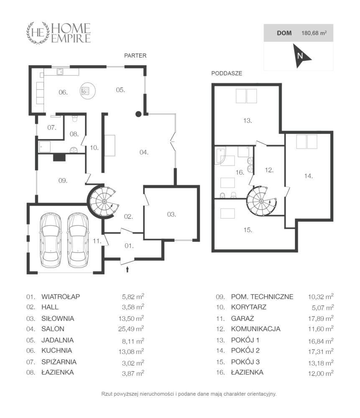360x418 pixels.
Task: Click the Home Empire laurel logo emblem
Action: (38, 33)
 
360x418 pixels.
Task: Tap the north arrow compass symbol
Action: (301, 56)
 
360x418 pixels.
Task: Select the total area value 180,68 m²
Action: (314, 33)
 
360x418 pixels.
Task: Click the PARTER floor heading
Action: (135, 56)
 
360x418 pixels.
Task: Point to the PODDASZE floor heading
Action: (227, 73)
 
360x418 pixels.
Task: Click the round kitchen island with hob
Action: (88, 91)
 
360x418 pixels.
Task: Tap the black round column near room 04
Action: (138, 114)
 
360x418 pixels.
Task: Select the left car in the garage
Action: (51, 240)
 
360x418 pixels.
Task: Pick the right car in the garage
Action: (78, 240)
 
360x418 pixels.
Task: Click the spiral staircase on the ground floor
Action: (103, 201)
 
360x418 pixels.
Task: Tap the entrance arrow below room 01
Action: (128, 269)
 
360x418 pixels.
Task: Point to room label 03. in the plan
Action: (171, 214)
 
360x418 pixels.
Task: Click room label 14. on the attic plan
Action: (309, 176)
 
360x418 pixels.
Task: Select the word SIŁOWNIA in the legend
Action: (58, 318)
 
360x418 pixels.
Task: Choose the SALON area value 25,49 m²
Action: (131, 329)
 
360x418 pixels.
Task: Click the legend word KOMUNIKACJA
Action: (256, 329)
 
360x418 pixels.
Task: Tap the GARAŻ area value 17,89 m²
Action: (321, 318)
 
